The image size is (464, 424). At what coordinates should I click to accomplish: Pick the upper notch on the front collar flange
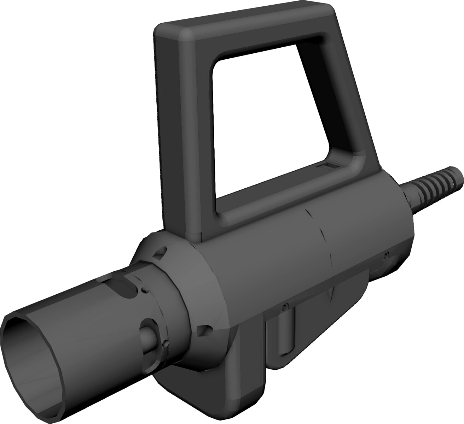pyautogui.click(x=159, y=253)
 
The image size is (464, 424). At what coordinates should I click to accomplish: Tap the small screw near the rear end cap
pyautogui.click(x=387, y=254)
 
